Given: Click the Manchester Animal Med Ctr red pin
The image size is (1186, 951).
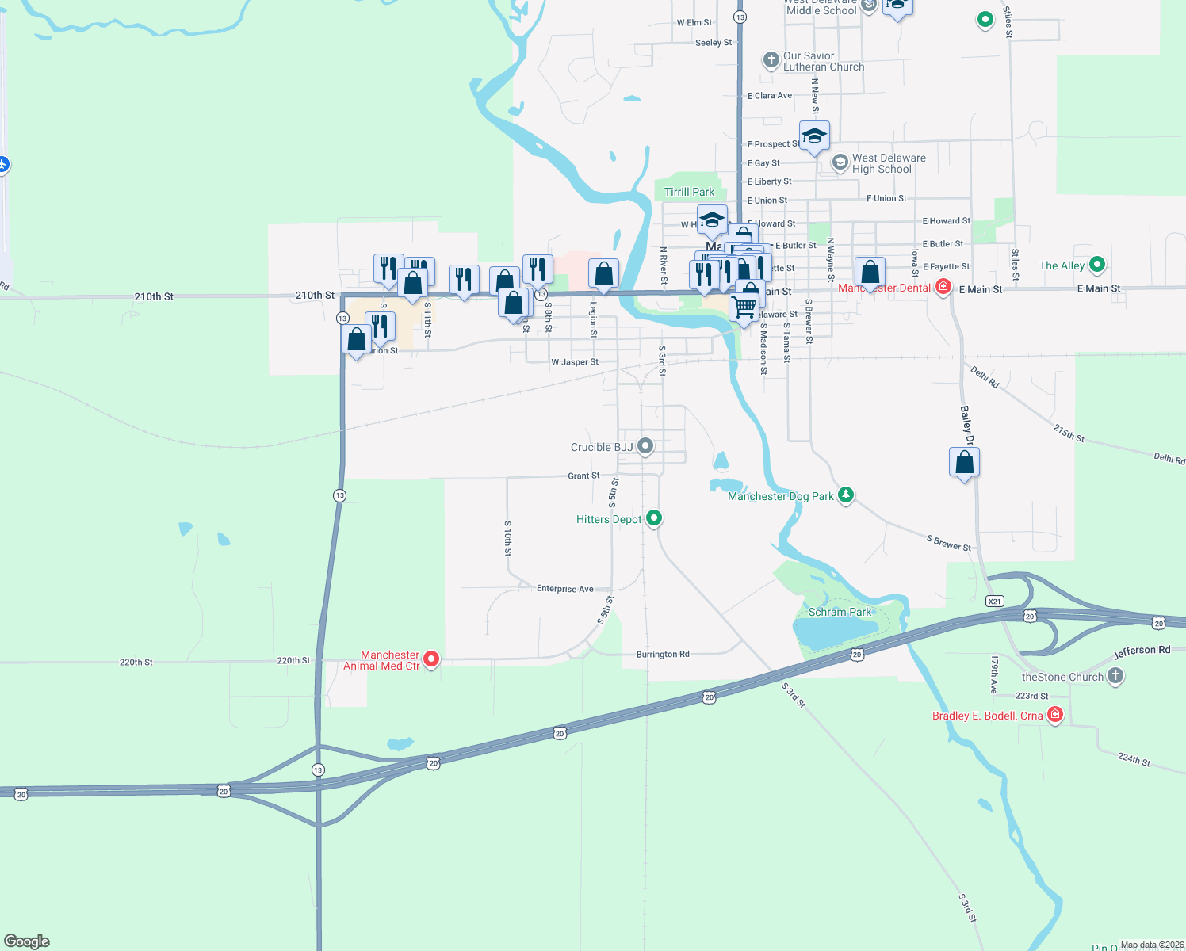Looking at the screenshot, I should click(x=431, y=659).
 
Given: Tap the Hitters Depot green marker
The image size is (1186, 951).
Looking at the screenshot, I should click(x=654, y=518).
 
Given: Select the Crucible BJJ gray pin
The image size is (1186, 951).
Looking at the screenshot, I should click(x=645, y=446).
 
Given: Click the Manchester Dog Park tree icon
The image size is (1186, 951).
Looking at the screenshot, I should click(x=846, y=495).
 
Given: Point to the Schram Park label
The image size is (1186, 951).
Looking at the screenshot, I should click(x=840, y=612).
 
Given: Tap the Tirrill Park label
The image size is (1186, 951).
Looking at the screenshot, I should click(x=689, y=192).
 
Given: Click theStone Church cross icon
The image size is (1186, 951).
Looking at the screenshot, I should click(x=1115, y=676).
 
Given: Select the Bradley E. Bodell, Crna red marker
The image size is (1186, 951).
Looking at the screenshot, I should click(x=1055, y=715).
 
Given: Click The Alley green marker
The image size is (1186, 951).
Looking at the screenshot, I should click(x=1097, y=265).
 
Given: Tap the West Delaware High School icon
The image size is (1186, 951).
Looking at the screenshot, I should click(x=840, y=162).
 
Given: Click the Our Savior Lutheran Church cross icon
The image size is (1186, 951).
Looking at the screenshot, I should click(x=771, y=60).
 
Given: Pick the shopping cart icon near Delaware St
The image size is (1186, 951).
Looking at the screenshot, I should click(x=744, y=307).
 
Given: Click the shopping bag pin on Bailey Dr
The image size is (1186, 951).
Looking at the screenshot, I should click(x=964, y=462).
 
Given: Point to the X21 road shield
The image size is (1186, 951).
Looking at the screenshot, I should click(x=995, y=602).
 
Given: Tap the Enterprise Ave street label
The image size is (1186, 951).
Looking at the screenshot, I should click(x=564, y=589).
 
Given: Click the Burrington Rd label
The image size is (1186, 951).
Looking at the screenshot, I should click(x=663, y=655).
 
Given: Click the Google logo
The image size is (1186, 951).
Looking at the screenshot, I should click(x=27, y=941).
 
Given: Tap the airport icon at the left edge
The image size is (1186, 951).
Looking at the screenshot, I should click(x=3, y=164).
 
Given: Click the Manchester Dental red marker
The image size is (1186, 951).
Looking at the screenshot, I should click(x=943, y=287).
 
